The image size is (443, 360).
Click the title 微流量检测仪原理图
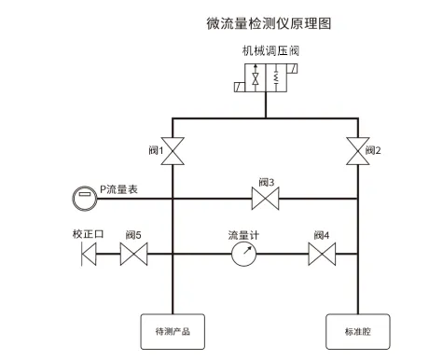click(x=268, y=22)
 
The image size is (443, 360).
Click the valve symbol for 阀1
click(x=173, y=149)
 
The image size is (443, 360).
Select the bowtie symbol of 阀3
click(x=266, y=198)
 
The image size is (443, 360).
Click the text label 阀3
click(x=266, y=182)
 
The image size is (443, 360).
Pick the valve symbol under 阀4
click(x=322, y=253)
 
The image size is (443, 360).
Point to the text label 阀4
click(x=322, y=234)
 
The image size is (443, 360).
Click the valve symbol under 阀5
click(x=134, y=253)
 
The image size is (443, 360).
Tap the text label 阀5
click(x=133, y=234)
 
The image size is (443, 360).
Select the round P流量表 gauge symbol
click(x=83, y=198)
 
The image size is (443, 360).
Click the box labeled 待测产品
click(x=173, y=329)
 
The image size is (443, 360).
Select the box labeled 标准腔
click(x=358, y=329)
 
